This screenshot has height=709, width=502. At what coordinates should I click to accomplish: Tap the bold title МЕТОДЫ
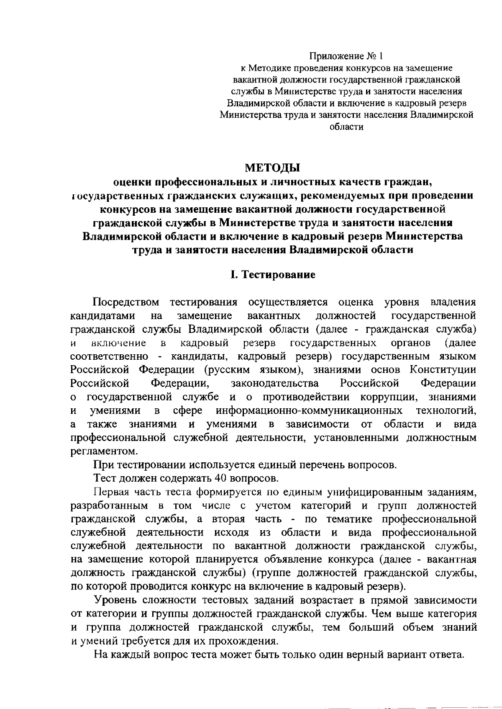[x=273, y=168]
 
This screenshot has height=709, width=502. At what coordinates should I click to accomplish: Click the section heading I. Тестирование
[x=273, y=275]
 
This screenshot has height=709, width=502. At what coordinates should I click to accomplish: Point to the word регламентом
[x=103, y=451]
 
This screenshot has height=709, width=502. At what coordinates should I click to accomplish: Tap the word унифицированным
[x=369, y=492]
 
